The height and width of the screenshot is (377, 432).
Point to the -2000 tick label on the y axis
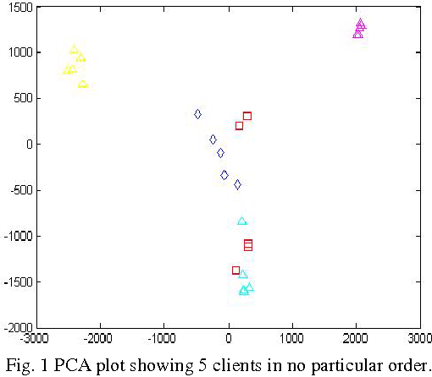[x=16, y=326]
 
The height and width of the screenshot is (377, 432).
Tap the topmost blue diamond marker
[x=197, y=114]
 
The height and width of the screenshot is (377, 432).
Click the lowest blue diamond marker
[x=237, y=184]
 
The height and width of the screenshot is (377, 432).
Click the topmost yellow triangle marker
[x=74, y=49]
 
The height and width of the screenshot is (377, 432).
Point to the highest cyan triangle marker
[x=241, y=221]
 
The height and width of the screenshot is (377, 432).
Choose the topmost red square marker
[x=247, y=116]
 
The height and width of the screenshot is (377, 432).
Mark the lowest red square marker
[x=235, y=270]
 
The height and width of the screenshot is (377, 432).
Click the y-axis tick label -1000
[x=16, y=235]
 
